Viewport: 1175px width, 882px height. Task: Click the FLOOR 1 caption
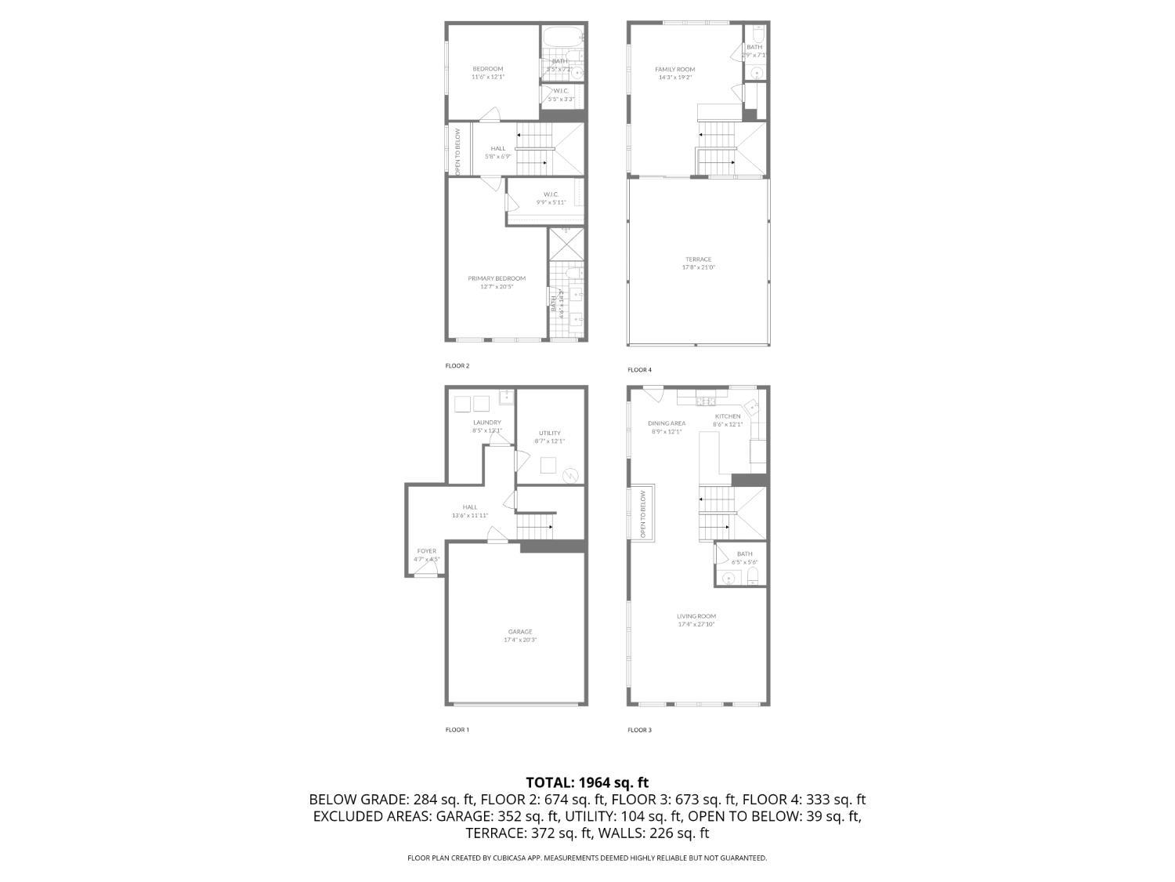(457, 730)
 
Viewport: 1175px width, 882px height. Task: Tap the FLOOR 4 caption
(639, 370)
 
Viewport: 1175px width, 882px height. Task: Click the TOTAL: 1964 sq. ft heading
(587, 782)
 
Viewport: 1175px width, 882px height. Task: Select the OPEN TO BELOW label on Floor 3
(643, 514)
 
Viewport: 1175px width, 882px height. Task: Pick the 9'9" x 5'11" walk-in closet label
(551, 198)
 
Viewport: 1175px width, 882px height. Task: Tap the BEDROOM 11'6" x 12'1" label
(487, 73)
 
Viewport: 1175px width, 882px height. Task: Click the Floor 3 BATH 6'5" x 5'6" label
(744, 557)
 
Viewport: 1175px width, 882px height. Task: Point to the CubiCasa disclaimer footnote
(587, 858)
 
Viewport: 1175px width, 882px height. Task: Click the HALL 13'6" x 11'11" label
(469, 511)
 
